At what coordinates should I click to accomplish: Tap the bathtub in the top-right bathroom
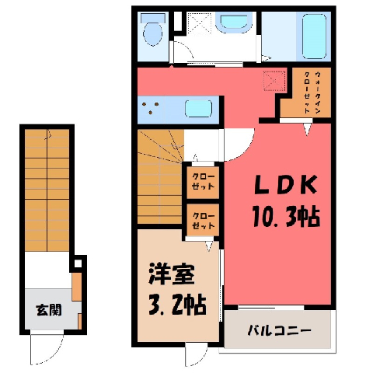point(314,37)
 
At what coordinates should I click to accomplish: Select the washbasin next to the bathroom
point(235,23)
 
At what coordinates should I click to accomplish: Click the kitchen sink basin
point(199,109)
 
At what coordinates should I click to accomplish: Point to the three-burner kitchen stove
point(150,108)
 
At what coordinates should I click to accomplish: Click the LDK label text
point(286,185)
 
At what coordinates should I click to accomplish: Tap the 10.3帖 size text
point(286,216)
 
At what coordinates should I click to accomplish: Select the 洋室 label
point(172,274)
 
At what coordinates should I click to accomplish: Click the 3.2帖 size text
point(177,305)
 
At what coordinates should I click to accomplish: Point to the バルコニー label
point(279,331)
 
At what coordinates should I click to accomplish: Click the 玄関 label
point(49,310)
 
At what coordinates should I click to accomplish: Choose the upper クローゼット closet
point(203,183)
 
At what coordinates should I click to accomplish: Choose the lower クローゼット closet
point(203,221)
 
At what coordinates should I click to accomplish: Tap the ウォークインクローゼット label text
point(312,92)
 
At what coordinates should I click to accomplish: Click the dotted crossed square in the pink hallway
point(274,81)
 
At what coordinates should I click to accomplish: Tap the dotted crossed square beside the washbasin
point(200,23)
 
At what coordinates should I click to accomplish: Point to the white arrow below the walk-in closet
point(307,130)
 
